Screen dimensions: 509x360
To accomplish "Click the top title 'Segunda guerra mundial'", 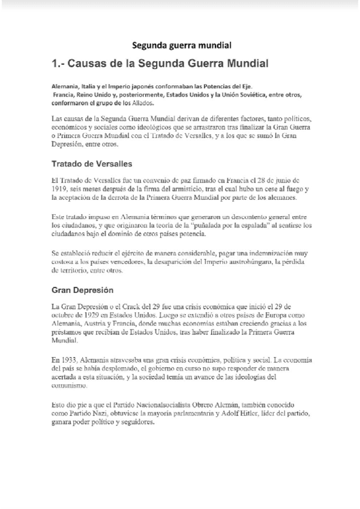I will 181,45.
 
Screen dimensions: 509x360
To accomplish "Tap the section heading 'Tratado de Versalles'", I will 92,163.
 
